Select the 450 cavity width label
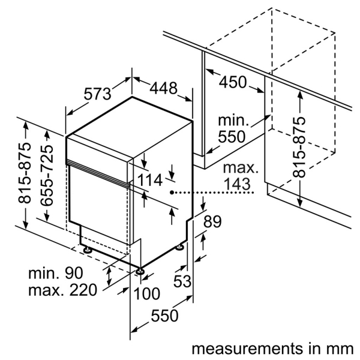click(x=233, y=82)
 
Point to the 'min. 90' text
click(x=55, y=274)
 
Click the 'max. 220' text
click(x=62, y=292)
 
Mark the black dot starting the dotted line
click(x=172, y=193)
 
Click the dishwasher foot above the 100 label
click(x=140, y=272)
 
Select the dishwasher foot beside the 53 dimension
click(x=180, y=247)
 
